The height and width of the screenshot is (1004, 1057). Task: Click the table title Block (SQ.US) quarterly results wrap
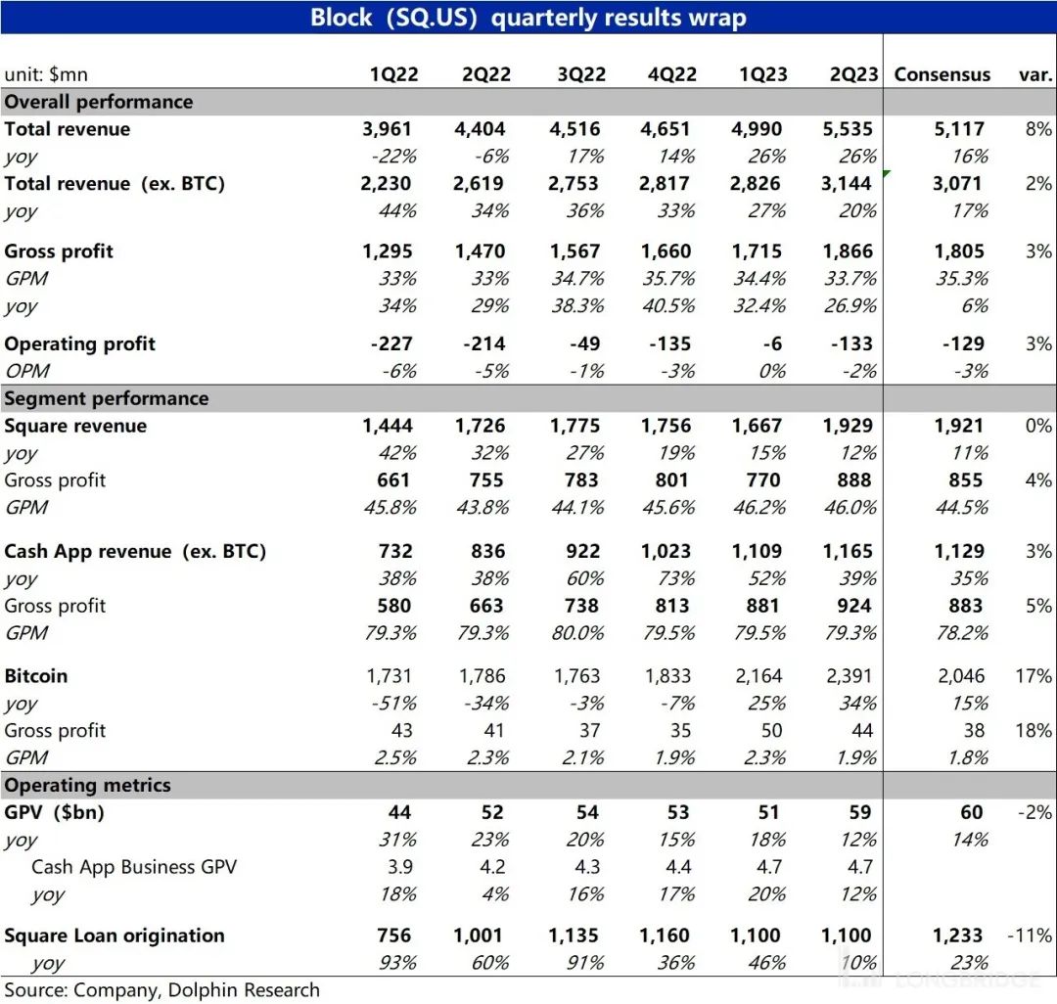528,18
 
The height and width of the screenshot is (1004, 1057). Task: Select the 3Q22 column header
580,74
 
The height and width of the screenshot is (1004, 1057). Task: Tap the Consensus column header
942,74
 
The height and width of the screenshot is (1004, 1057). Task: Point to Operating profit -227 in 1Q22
387,343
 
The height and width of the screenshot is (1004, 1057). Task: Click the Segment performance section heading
107,398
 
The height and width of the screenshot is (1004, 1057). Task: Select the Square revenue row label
76,426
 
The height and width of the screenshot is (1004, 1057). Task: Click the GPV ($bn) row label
55,812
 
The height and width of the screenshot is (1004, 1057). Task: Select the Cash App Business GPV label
134,866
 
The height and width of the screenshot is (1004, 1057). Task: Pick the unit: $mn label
46,74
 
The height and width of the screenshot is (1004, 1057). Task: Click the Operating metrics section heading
88,785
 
